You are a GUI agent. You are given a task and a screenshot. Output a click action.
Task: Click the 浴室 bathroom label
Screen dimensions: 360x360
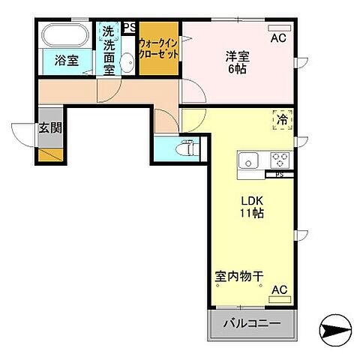67,61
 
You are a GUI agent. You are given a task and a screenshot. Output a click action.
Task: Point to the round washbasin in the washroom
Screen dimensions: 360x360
127,63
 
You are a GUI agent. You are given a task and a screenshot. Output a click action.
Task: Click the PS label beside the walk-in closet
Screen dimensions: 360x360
129,27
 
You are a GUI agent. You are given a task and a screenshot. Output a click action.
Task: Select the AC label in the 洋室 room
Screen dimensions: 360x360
278,38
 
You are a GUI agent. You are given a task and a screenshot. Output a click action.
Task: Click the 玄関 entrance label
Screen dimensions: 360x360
50,128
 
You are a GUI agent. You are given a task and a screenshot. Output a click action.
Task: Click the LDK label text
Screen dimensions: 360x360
251,200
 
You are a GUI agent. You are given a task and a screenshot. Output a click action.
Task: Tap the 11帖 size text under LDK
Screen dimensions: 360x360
251,214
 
